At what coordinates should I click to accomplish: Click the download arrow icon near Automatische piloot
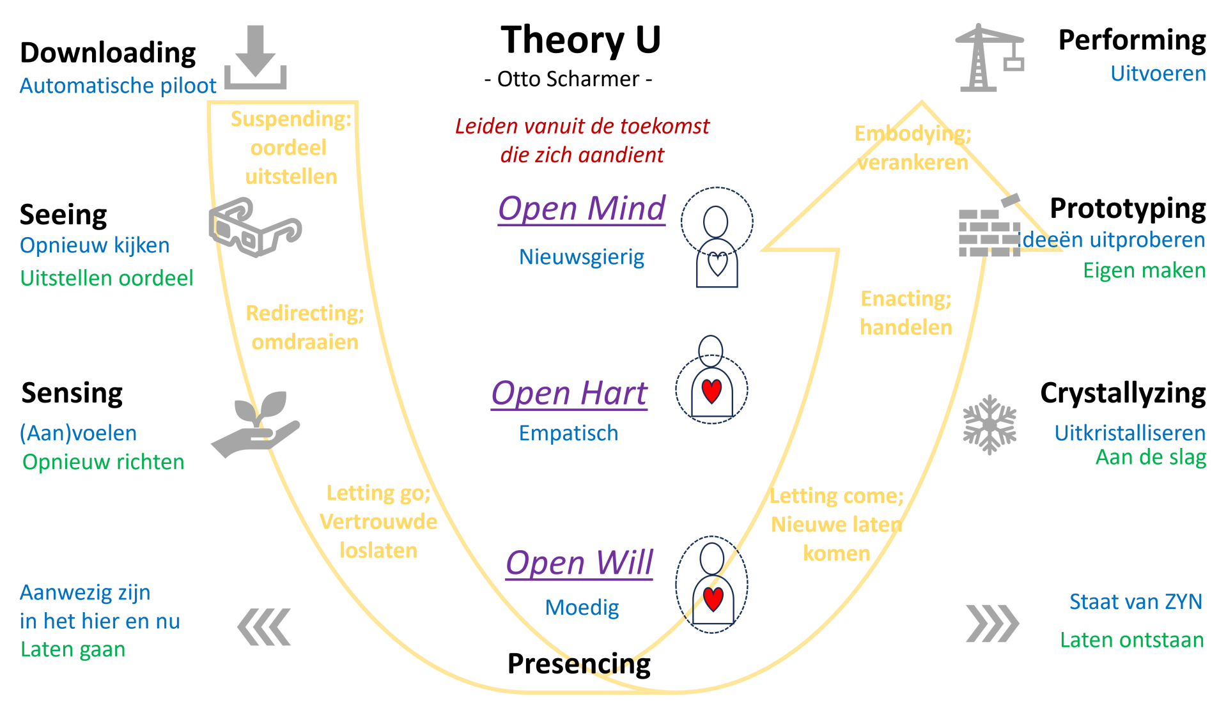coord(255,58)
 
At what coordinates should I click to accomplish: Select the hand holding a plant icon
coord(256,424)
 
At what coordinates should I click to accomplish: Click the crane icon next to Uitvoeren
coord(988,58)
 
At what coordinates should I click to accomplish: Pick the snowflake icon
coord(989,424)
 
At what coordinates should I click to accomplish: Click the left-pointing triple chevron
coord(264,627)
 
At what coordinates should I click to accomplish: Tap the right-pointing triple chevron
coord(992,623)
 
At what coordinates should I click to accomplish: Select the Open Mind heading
coord(582,209)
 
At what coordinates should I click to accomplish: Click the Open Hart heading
coord(569,393)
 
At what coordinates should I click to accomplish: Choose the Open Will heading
coord(579,563)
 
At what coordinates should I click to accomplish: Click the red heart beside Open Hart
coord(711,390)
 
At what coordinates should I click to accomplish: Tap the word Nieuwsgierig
coord(582,257)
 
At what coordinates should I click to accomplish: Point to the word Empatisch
coord(569,433)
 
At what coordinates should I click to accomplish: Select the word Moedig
coord(582,608)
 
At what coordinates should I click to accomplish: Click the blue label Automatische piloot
coord(118,86)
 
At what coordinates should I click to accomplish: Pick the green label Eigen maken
coord(1144,271)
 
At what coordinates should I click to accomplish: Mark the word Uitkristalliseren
coord(1129,433)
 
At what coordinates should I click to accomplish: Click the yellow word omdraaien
coord(305,343)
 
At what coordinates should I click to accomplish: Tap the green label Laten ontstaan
coord(1131,640)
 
